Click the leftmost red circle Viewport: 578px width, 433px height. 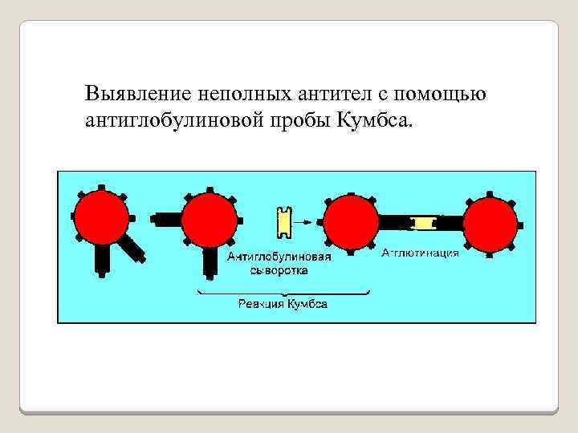(100, 217)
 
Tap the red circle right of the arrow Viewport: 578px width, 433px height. (350, 221)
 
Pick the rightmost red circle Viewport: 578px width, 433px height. (491, 223)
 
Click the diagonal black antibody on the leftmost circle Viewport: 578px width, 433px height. (130, 248)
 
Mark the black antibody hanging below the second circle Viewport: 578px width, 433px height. (210, 263)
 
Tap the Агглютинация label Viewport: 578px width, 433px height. (420, 253)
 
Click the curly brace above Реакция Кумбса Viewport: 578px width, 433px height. (283, 293)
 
